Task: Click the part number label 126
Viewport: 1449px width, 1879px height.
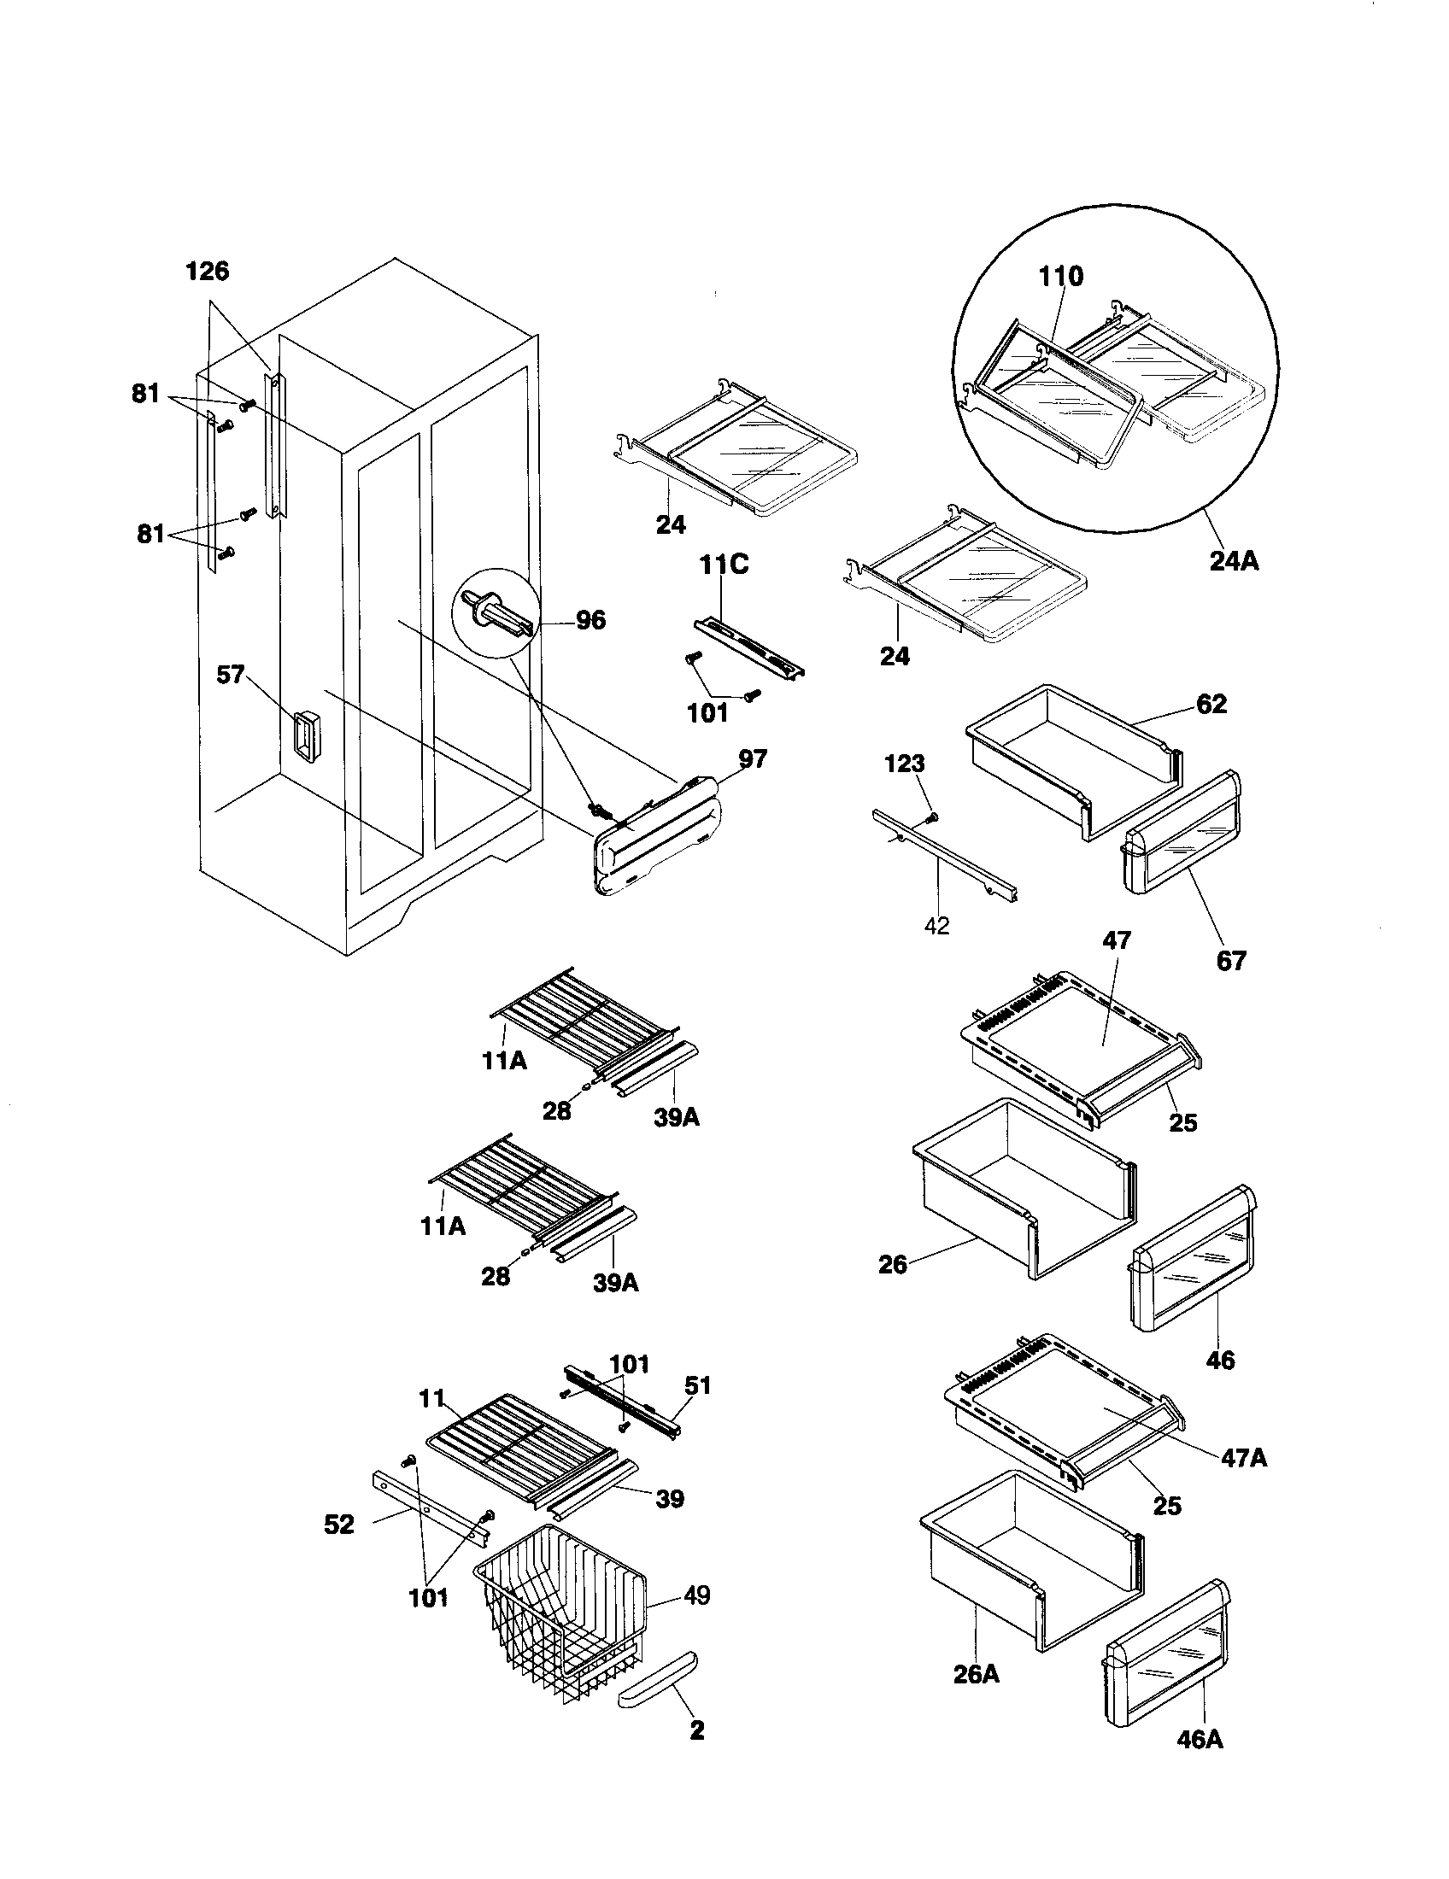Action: (208, 271)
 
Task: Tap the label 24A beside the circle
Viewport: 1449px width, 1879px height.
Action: (1234, 562)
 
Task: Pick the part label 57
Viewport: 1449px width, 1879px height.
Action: (231, 675)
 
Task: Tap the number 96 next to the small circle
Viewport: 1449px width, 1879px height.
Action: (590, 619)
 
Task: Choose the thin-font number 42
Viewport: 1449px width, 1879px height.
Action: (936, 926)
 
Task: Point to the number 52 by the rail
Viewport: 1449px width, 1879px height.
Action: (339, 1525)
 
